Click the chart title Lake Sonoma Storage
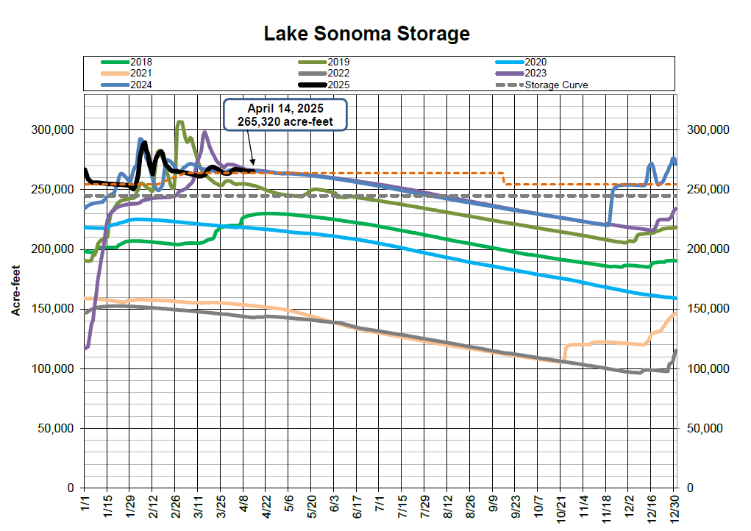click(x=366, y=33)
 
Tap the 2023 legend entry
click(x=535, y=74)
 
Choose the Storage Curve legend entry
click(x=556, y=85)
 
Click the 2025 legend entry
click(x=338, y=85)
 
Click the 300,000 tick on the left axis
click(x=52, y=130)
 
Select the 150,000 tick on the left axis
click(x=52, y=309)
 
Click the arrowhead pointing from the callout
click(x=254, y=163)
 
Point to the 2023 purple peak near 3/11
click(x=204, y=133)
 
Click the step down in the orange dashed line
click(x=503, y=179)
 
